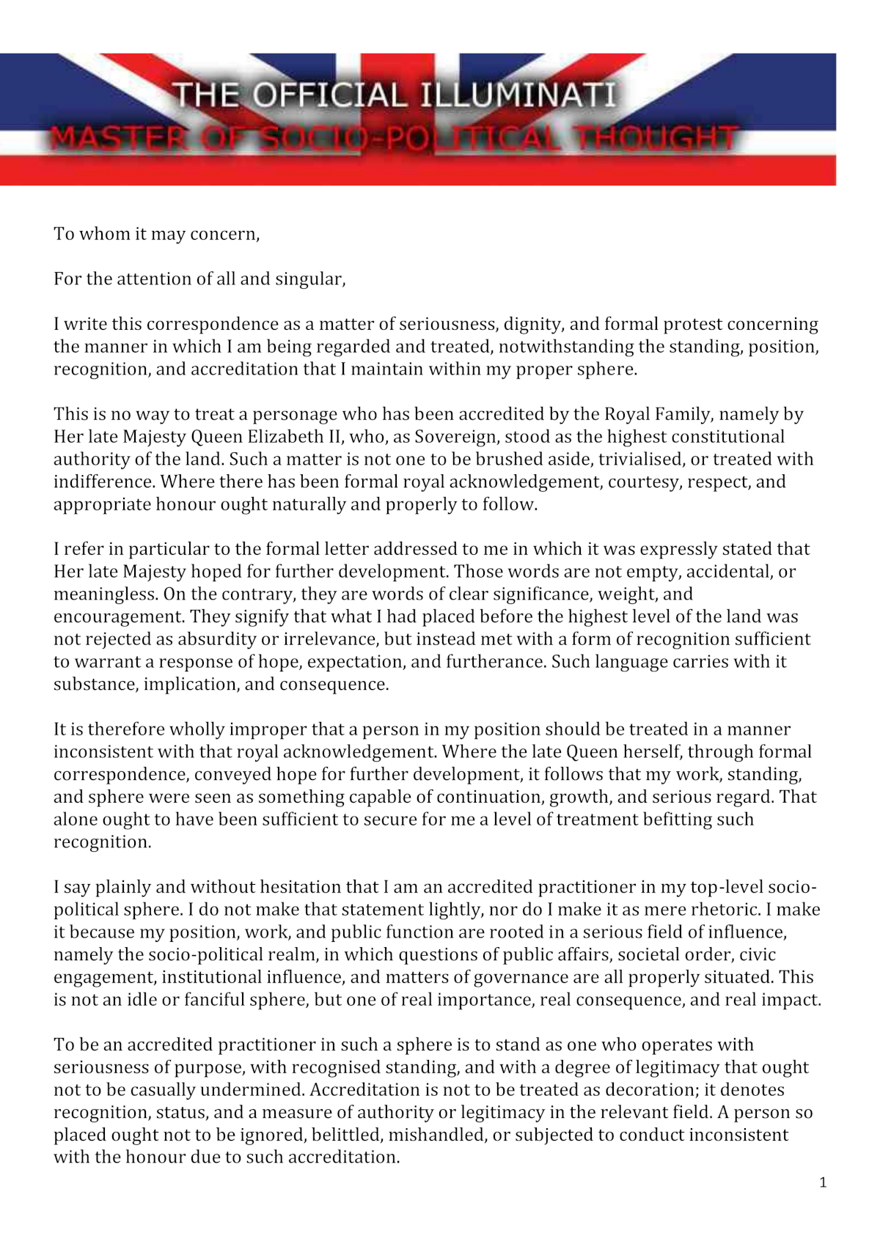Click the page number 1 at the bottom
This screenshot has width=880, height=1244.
[823, 1182]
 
